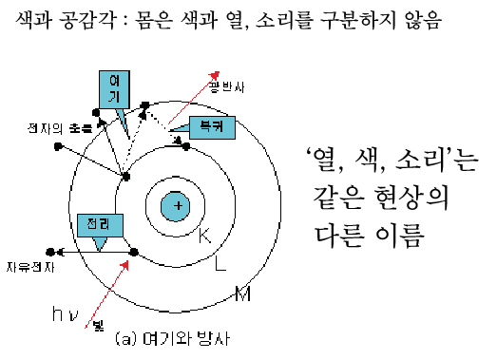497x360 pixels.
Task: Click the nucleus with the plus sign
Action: tap(176, 204)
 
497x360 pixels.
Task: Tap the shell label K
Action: tap(203, 234)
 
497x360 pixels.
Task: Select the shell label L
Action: tap(220, 264)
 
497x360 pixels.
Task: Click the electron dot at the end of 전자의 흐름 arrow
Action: tap(58, 146)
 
